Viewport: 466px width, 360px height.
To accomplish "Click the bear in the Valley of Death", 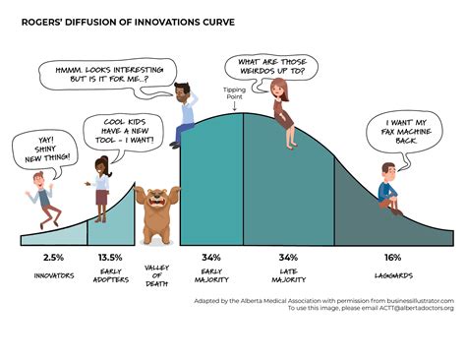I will [x=154, y=214].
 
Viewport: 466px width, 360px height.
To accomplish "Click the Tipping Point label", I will [x=236, y=95].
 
